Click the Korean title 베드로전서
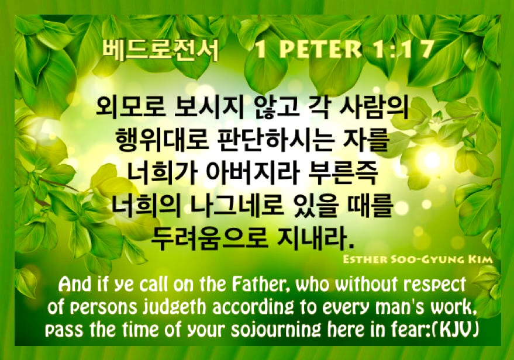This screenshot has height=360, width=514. pyautogui.click(x=160, y=50)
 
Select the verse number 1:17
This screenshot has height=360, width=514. pyautogui.click(x=403, y=50)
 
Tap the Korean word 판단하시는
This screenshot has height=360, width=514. pyautogui.click(x=276, y=140)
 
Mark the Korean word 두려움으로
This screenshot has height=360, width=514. pyautogui.click(x=209, y=237)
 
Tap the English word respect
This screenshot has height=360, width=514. pyautogui.click(x=434, y=285)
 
